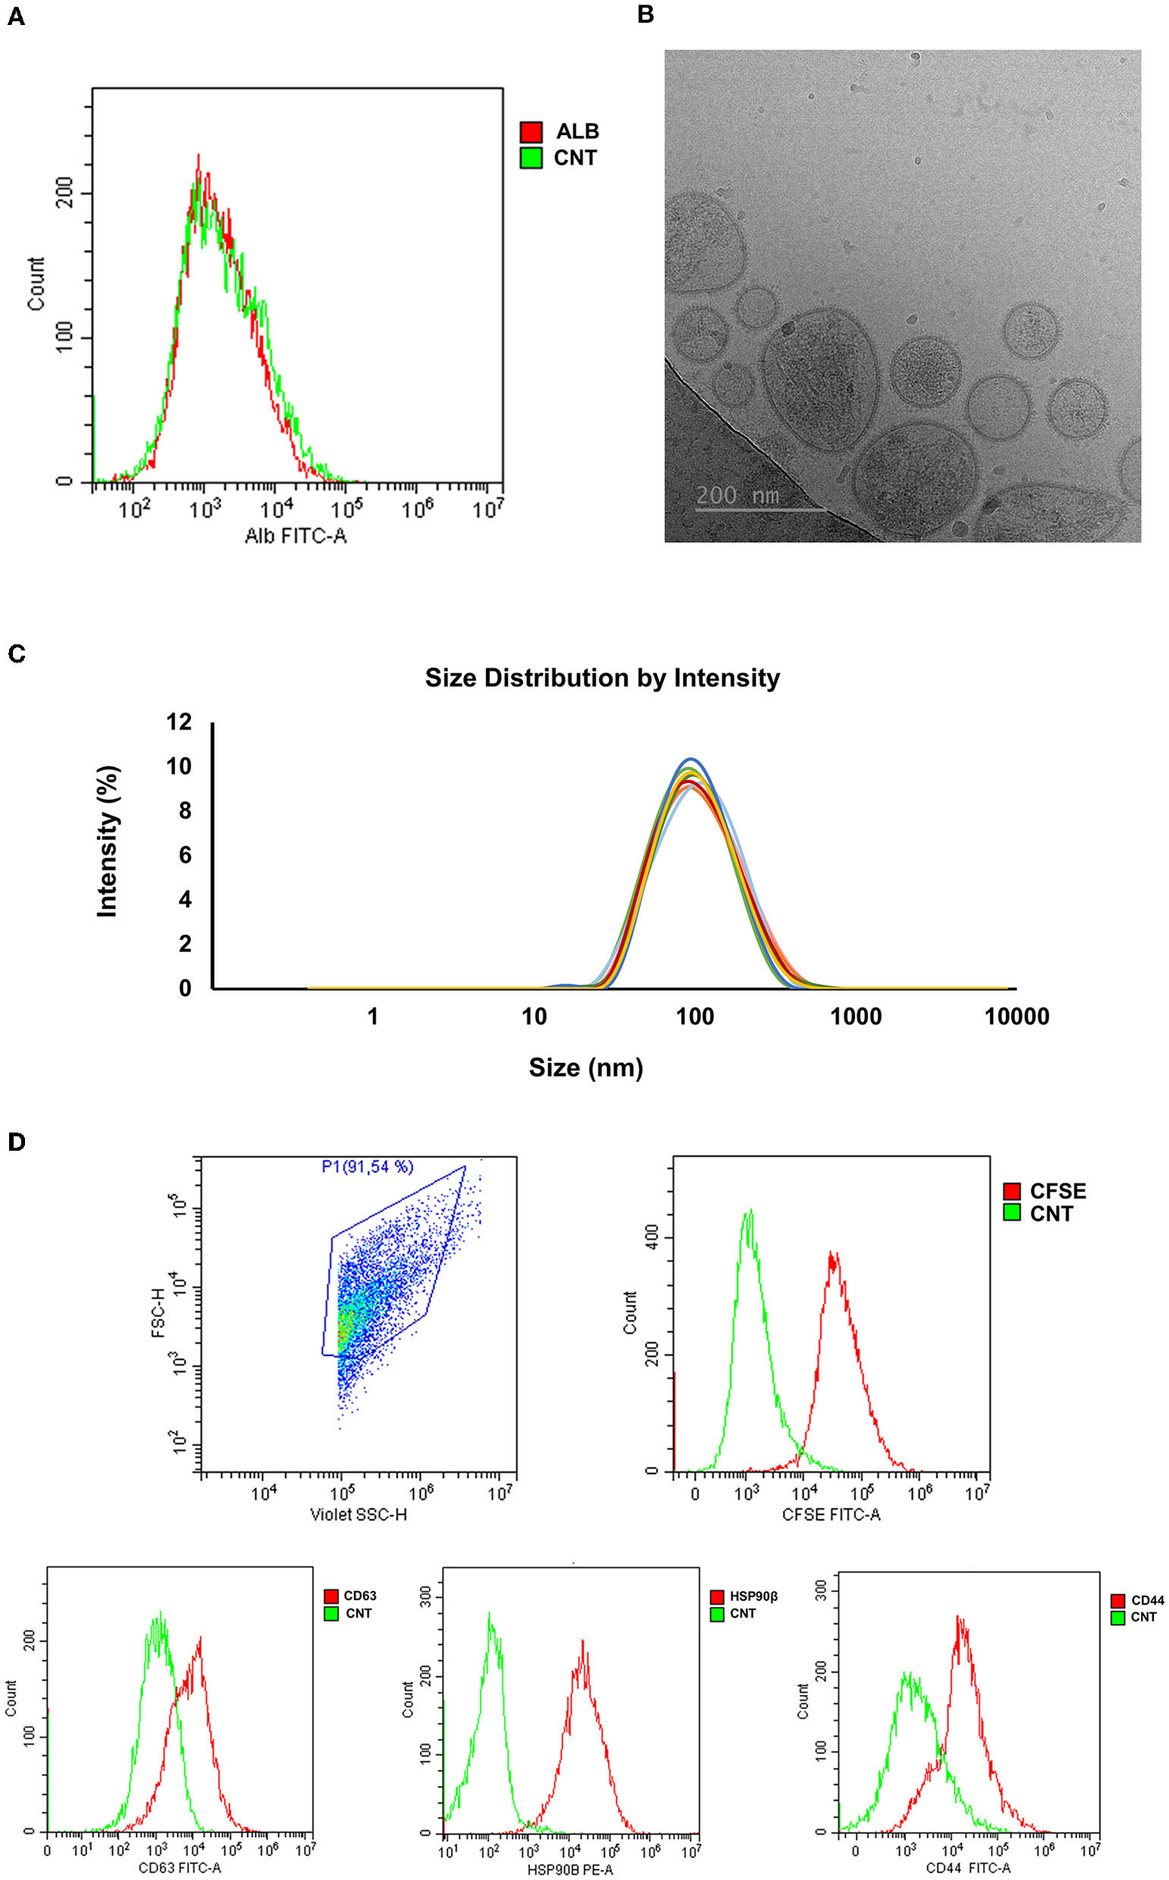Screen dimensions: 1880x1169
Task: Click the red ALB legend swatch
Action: click(531, 131)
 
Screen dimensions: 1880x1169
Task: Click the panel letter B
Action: click(646, 14)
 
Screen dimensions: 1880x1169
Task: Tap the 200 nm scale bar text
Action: click(738, 496)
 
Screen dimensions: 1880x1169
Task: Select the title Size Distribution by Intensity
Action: click(602, 678)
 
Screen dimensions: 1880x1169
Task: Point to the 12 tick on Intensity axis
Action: click(179, 722)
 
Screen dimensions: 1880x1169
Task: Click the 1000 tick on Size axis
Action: click(856, 1017)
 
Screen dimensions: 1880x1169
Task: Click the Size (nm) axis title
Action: click(585, 1067)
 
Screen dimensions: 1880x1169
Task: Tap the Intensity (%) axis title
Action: click(108, 841)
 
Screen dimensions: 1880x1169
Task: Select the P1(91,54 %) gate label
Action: click(367, 1167)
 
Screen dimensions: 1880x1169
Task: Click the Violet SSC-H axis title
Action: click(358, 1514)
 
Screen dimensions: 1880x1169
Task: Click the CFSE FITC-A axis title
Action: click(830, 1515)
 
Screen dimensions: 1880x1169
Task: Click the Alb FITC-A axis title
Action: click(296, 536)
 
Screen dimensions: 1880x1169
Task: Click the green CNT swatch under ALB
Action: click(531, 158)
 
